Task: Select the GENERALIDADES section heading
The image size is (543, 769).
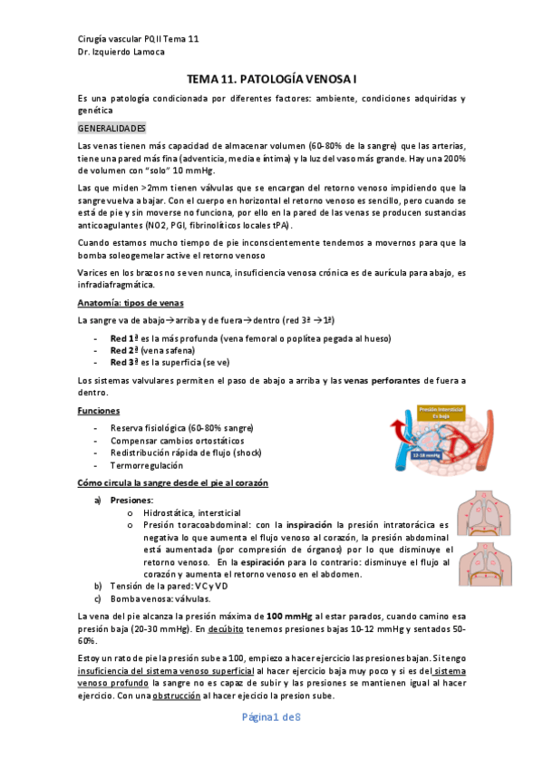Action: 112,129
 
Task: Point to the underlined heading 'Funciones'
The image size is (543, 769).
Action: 99,411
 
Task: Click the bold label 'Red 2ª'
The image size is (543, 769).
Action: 124,350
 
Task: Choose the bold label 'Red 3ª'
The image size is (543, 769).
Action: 124,362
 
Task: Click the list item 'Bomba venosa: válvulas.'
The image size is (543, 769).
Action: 160,599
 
